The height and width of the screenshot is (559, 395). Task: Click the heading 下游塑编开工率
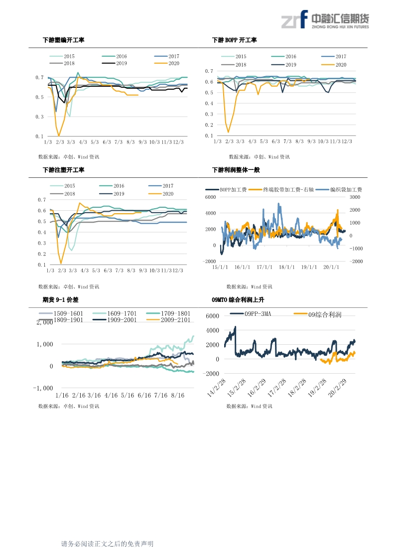point(63,40)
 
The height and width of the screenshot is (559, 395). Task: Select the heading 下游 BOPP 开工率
point(234,40)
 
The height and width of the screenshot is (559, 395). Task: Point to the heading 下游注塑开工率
point(63,170)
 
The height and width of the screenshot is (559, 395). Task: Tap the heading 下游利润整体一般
point(236,170)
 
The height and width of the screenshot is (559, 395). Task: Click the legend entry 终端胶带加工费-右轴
point(285,190)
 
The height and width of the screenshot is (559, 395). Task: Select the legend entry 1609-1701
point(119,313)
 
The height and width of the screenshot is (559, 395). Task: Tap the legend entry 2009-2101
point(175,319)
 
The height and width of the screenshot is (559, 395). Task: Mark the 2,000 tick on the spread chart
point(44,322)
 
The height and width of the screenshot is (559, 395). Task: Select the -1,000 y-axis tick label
point(43,388)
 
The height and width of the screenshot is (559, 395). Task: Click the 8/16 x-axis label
point(177,395)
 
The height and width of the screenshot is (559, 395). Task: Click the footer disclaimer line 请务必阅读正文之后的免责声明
point(107,544)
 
